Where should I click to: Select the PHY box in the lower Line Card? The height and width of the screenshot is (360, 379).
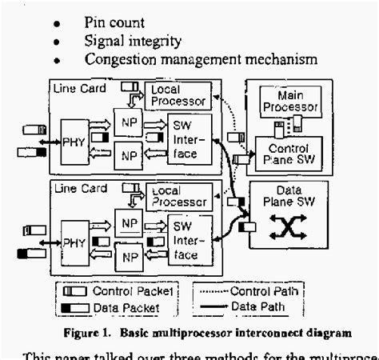[74, 238]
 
